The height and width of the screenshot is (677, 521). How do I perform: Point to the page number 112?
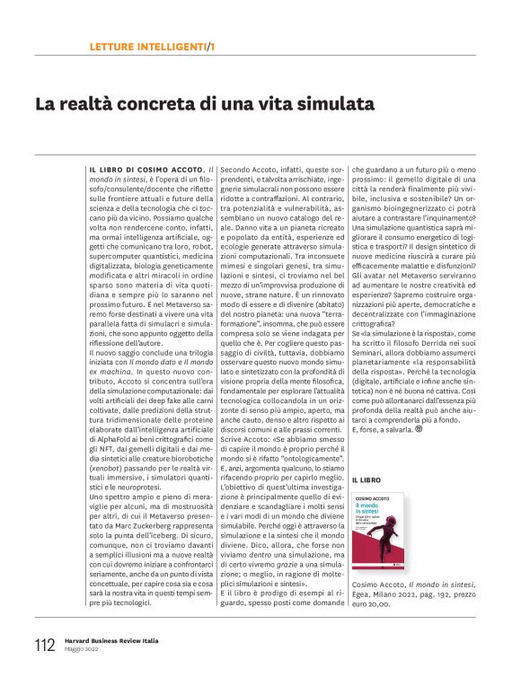pos(44,644)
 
